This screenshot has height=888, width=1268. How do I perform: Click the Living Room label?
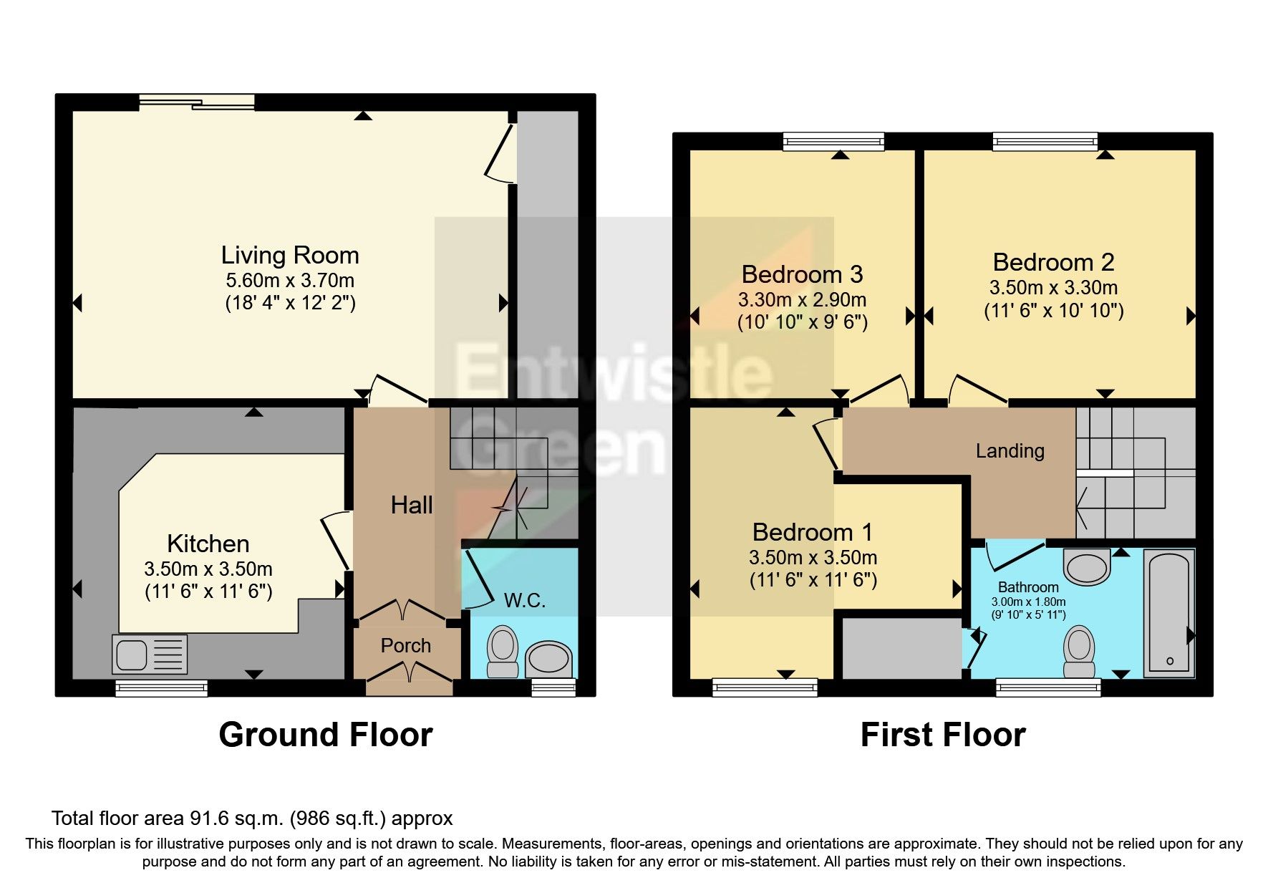click(x=289, y=256)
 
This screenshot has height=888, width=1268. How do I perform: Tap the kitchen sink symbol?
click(x=150, y=655)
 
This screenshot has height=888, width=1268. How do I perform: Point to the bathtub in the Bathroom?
click(x=1169, y=613)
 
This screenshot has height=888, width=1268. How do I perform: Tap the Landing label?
click(x=1010, y=451)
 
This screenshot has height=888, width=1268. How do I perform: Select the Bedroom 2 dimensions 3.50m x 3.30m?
click(x=1053, y=288)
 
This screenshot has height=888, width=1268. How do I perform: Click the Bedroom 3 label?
click(x=802, y=274)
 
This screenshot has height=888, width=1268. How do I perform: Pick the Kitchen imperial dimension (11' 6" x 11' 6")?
click(x=208, y=592)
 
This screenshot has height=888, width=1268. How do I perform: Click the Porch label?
click(x=405, y=646)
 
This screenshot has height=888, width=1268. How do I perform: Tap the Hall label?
click(x=412, y=506)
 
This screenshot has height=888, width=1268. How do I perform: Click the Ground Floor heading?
click(x=326, y=735)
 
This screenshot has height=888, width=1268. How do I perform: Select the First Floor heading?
click(x=943, y=735)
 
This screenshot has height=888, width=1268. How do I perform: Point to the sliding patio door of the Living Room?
click(x=197, y=102)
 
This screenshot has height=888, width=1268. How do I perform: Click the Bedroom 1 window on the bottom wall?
click(x=765, y=687)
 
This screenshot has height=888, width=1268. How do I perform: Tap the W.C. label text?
click(x=525, y=601)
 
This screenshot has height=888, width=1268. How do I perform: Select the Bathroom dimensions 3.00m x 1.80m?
click(x=1028, y=602)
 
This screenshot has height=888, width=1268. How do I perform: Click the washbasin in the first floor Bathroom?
click(x=1087, y=568)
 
